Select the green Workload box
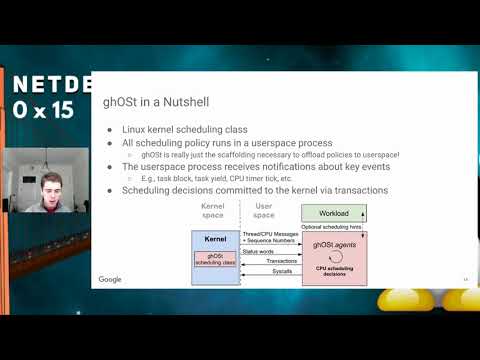click(x=334, y=212)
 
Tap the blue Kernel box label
click(x=215, y=240)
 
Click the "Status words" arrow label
click(x=259, y=251)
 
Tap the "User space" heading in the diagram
click(x=264, y=211)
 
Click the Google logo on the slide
click(x=110, y=279)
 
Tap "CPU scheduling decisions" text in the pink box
click(x=334, y=271)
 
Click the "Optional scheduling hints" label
click(x=334, y=227)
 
